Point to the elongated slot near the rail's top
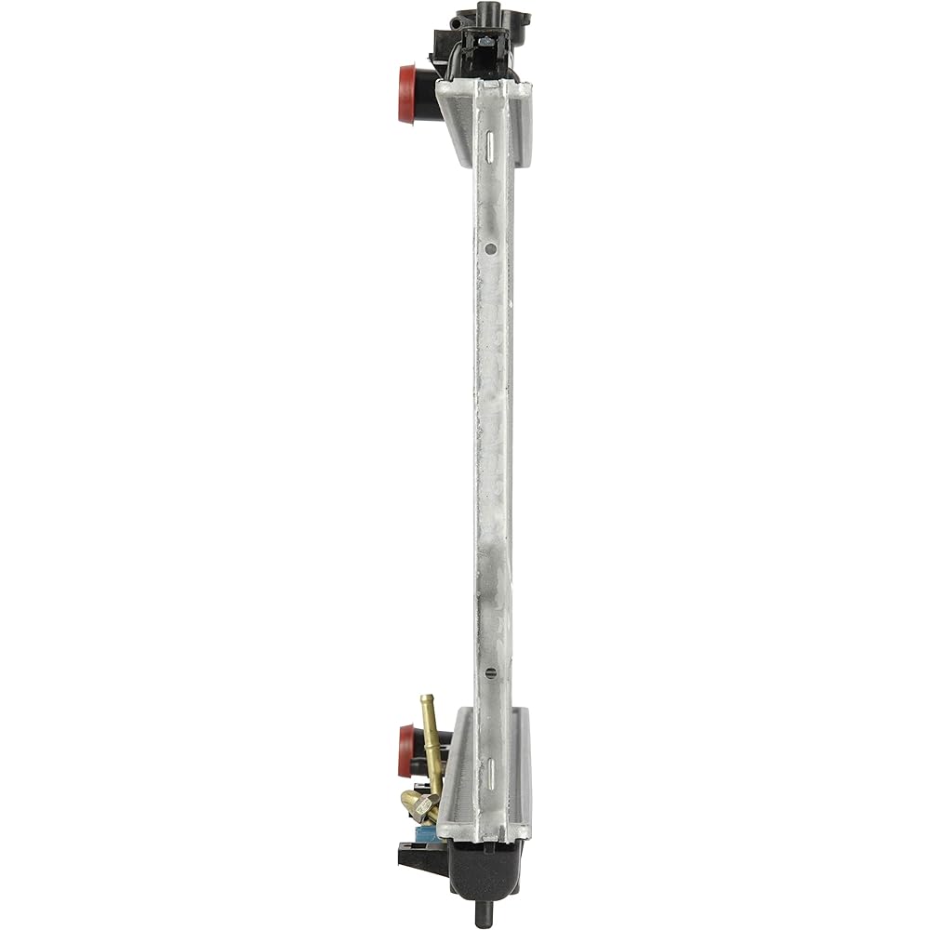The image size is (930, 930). [x=485, y=139]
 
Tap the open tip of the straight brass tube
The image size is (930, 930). [x=427, y=697]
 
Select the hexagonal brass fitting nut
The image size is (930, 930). [x=420, y=802]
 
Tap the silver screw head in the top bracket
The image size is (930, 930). [x=485, y=41]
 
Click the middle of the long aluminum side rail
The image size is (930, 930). [x=493, y=446]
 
